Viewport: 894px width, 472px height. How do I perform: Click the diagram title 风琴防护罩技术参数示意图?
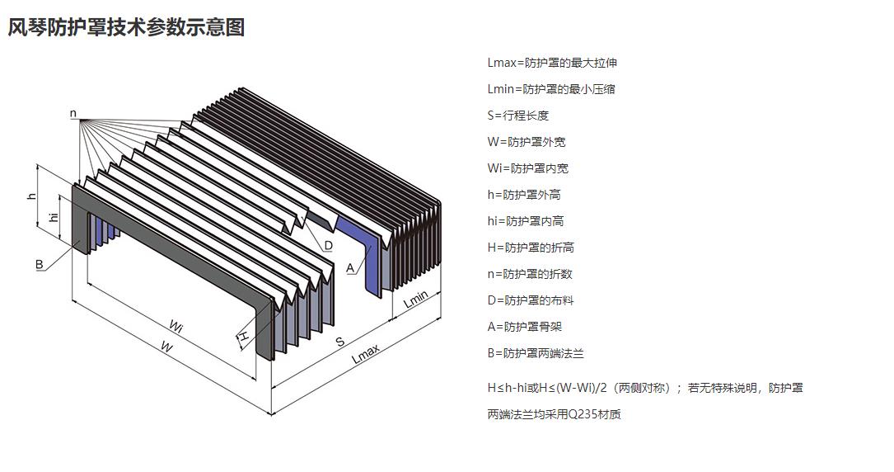click(x=126, y=28)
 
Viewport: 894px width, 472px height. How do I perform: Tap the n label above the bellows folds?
click(x=73, y=113)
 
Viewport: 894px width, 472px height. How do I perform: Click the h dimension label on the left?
click(x=32, y=196)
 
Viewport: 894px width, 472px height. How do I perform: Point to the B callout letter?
click(x=39, y=264)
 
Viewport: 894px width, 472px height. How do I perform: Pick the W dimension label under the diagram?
click(x=166, y=347)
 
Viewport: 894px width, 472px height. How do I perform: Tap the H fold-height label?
click(x=244, y=336)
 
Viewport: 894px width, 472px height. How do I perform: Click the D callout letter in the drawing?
click(x=328, y=245)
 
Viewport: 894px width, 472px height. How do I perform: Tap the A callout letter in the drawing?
click(x=350, y=267)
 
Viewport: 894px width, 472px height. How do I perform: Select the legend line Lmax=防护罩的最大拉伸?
click(x=551, y=63)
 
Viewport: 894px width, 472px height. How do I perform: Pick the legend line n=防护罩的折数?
click(x=529, y=274)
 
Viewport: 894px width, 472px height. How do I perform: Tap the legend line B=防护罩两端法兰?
click(x=536, y=353)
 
